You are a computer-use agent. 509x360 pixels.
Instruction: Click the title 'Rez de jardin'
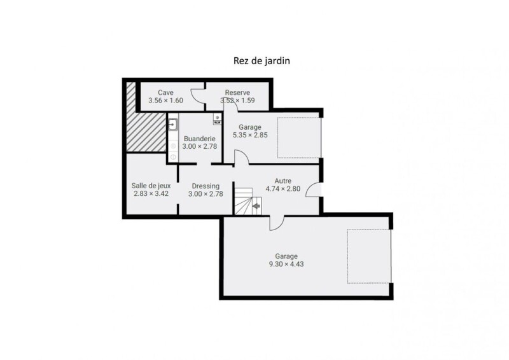261,61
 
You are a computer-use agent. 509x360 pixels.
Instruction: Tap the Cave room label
165,92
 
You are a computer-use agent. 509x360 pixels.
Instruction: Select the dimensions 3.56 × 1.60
165,100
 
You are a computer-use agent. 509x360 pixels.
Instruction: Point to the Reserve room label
237,92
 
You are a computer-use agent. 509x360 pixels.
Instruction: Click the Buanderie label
200,139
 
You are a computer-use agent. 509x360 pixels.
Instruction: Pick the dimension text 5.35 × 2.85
250,135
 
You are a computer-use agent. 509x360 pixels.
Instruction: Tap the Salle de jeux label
151,186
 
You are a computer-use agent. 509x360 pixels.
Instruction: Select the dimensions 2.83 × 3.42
151,194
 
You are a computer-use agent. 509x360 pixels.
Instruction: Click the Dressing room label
206,186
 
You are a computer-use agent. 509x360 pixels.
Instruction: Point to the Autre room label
282,181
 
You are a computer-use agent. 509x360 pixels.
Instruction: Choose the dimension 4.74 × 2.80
282,189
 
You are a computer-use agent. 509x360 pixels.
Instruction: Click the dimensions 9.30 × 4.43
286,264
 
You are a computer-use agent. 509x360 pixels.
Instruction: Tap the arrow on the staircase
256,206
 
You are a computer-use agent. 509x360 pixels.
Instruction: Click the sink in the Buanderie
172,124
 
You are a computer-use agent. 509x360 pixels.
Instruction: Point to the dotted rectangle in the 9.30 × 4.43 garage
369,256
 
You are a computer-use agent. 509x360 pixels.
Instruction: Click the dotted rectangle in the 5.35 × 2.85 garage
298,138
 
